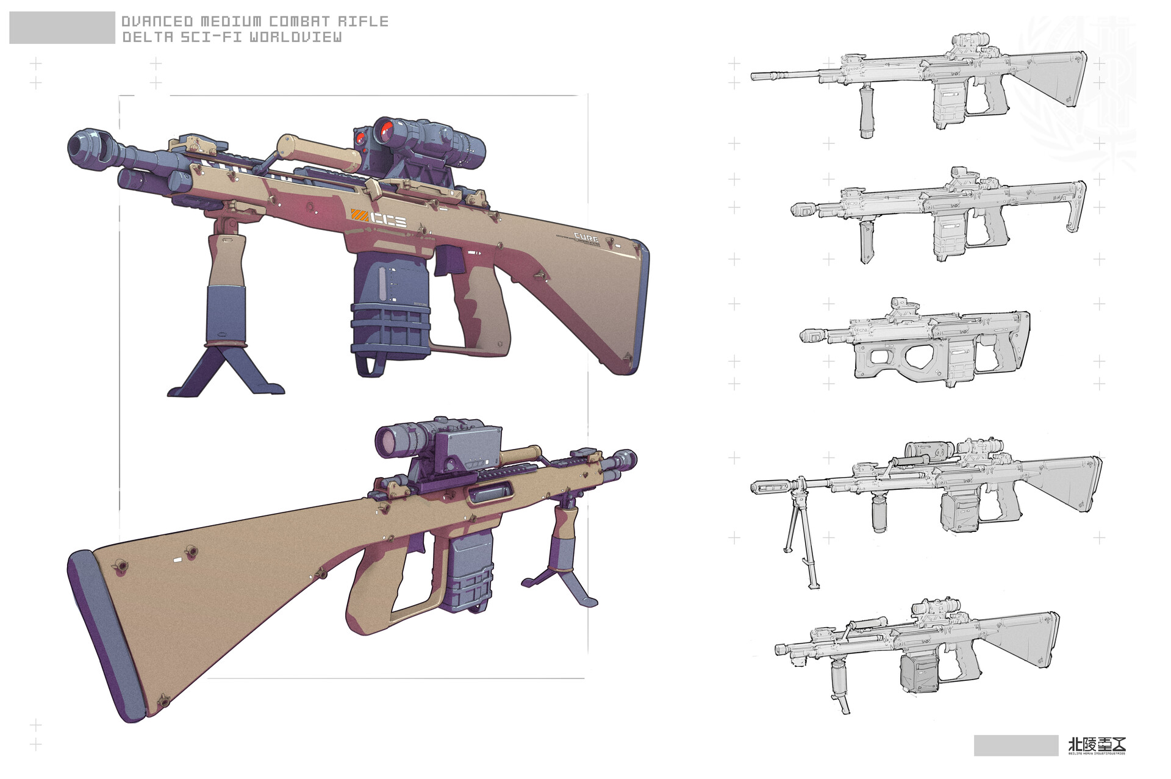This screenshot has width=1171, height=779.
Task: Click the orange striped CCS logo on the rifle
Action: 379,218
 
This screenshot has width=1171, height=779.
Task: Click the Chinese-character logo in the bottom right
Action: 1097,745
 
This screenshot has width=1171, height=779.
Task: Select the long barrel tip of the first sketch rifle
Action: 756,76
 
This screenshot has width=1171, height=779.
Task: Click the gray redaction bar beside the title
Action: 62,28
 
